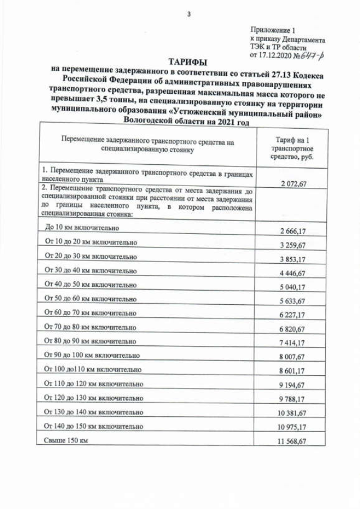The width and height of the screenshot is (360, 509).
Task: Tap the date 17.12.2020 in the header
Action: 274,56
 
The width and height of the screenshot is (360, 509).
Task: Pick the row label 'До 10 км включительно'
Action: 82,228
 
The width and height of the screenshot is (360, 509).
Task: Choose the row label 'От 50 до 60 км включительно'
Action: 91,299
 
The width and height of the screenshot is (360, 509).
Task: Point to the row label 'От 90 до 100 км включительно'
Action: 92,355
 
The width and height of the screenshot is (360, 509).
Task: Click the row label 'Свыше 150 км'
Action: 66,440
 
